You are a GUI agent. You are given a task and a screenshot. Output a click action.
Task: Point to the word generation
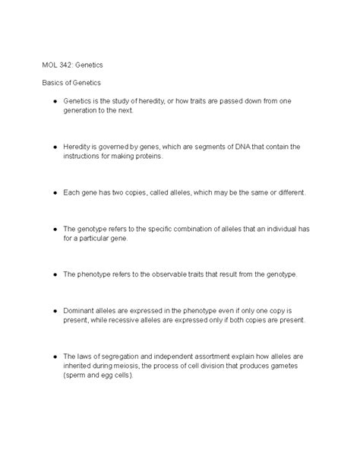[81, 110]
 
